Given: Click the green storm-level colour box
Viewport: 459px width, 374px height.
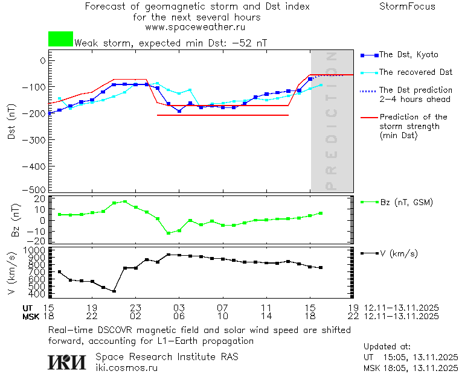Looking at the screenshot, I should tap(60, 39).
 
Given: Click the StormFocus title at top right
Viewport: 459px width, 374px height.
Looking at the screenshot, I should tap(407, 7).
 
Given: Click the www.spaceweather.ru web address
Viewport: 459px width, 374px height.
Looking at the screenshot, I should tap(195, 27).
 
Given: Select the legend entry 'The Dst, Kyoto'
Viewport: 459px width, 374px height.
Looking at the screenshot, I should tap(408, 55).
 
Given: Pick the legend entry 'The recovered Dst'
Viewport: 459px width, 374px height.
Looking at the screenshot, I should tap(416, 72).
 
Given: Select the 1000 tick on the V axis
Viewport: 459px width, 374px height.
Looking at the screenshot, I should tap(35, 250).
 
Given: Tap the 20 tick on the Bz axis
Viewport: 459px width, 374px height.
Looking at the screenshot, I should tap(40, 198).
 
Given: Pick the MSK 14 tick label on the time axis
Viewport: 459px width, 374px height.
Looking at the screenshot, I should tap(266, 316).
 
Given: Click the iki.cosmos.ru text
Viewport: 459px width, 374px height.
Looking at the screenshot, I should tap(126, 367).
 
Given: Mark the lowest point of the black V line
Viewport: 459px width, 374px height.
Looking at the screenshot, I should tap(114, 291).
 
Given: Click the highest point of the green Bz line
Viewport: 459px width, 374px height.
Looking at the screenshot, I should tap(125, 201).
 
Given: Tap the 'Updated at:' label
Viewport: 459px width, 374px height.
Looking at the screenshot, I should tap(387, 347).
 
